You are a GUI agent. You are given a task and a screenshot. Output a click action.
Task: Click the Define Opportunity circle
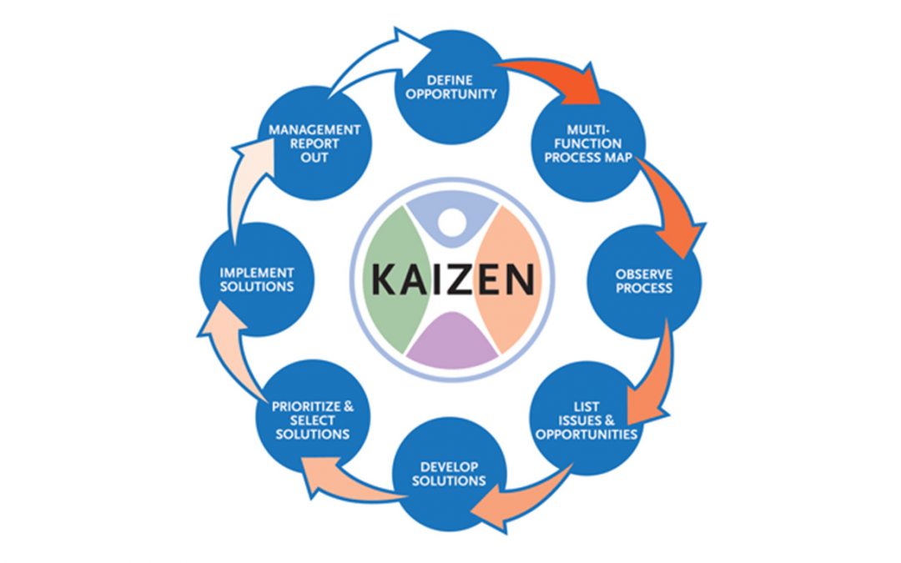450,86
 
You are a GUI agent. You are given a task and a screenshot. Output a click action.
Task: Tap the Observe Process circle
643,280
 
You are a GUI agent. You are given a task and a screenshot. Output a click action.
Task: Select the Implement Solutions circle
256,280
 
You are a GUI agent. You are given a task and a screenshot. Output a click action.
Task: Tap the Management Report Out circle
315,143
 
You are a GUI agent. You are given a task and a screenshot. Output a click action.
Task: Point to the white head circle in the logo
451,222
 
